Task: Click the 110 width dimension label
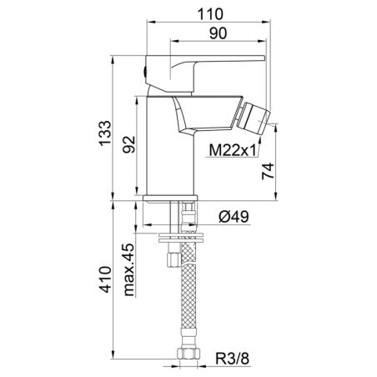(210, 14)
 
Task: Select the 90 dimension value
(218, 33)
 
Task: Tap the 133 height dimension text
(105, 133)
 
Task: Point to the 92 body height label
(129, 144)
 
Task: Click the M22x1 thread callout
(233, 151)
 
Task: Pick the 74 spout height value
(268, 172)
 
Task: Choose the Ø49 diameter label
(234, 216)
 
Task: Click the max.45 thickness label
(129, 270)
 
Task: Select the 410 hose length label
(106, 279)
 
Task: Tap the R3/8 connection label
(233, 359)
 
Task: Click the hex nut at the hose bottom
(189, 353)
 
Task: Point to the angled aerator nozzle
(254, 119)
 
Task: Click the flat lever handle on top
(205, 73)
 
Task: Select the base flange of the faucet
(170, 198)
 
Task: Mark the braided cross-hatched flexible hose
(188, 285)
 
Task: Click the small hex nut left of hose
(173, 259)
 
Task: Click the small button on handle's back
(144, 72)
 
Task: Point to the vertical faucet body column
(171, 145)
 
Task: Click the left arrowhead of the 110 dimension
(150, 22)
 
